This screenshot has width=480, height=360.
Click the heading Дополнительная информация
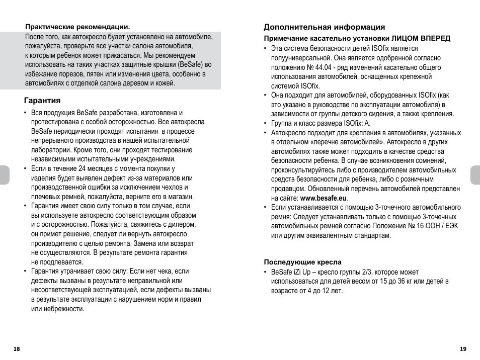pyautogui.click(x=324, y=27)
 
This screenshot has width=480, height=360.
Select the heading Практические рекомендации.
pyautogui.click(x=77, y=26)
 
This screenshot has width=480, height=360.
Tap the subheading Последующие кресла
pyautogui.click(x=303, y=262)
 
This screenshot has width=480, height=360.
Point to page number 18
pyautogui.click(x=17, y=349)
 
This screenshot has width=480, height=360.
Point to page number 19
pyautogui.click(x=463, y=349)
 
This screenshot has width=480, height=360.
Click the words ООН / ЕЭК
pyautogui.click(x=440, y=226)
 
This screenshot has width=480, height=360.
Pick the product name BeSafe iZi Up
pyautogui.click(x=290, y=272)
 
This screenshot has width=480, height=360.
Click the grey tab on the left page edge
pyautogui.click(x=4, y=175)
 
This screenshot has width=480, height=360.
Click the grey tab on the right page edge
pyautogui.click(x=475, y=175)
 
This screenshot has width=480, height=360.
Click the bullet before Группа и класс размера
pyautogui.click(x=265, y=124)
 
